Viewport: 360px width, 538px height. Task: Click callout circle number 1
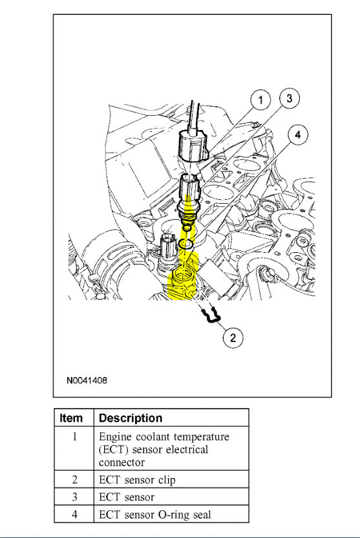tap(260, 100)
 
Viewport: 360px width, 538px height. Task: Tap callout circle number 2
tap(233, 337)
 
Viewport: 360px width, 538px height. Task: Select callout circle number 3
tap(289, 98)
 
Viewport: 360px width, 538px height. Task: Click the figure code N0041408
tap(87, 380)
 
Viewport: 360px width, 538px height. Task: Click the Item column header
tap(71, 418)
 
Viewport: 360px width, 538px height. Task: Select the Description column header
tap(131, 418)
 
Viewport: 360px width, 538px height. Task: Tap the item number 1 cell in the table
tap(74, 437)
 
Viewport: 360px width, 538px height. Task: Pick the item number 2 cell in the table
tap(74, 480)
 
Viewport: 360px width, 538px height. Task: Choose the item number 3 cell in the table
tap(74, 497)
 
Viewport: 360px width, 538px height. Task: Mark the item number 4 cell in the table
tap(74, 515)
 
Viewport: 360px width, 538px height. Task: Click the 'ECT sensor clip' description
tap(136, 480)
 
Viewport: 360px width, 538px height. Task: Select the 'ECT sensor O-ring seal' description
tap(154, 515)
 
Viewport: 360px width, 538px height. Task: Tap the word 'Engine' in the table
tap(115, 437)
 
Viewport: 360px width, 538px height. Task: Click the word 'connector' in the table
tap(122, 462)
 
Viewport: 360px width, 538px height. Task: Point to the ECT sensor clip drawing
tap(207, 316)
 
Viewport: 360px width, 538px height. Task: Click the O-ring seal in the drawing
tap(186, 244)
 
